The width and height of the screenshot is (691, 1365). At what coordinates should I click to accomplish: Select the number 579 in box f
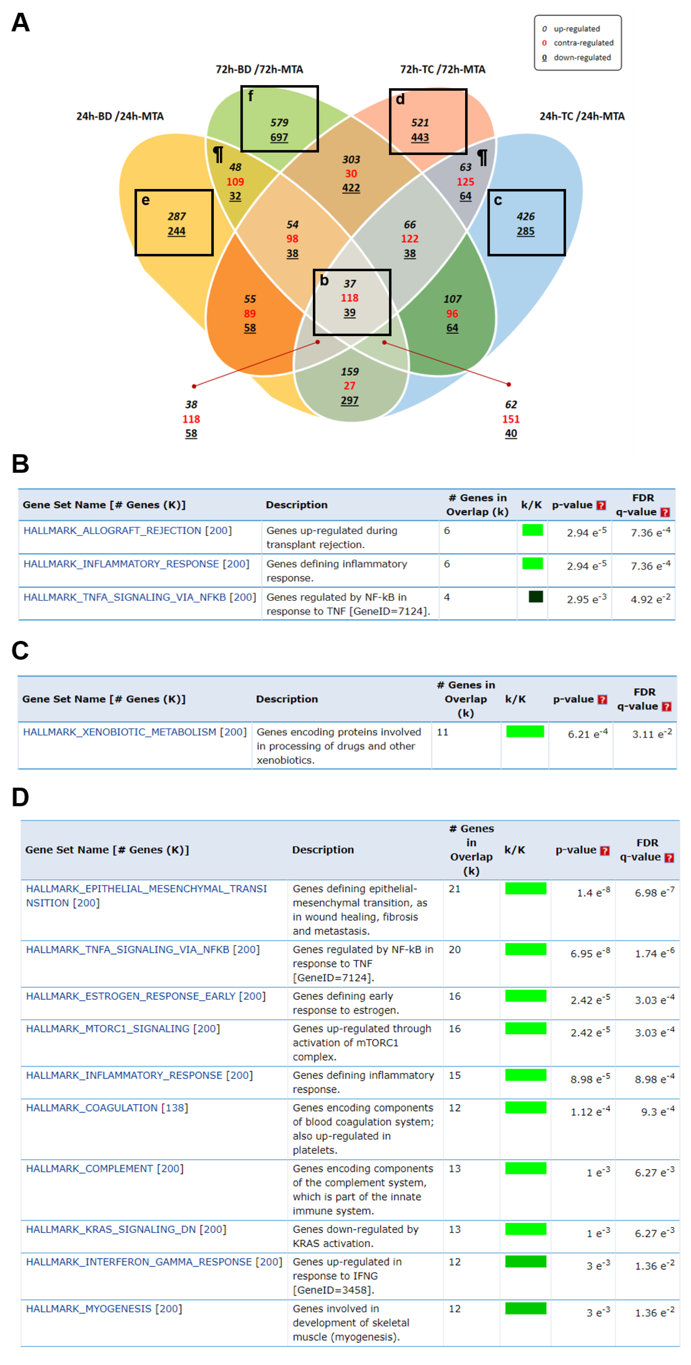[279, 122]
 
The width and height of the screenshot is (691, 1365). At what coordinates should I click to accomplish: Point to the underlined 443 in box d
[420, 137]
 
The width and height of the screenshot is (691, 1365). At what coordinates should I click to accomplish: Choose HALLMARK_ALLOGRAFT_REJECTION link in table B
[112, 530]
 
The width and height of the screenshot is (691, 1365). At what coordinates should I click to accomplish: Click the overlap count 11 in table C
[442, 732]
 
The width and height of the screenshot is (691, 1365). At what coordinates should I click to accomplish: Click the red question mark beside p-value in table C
[601, 699]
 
